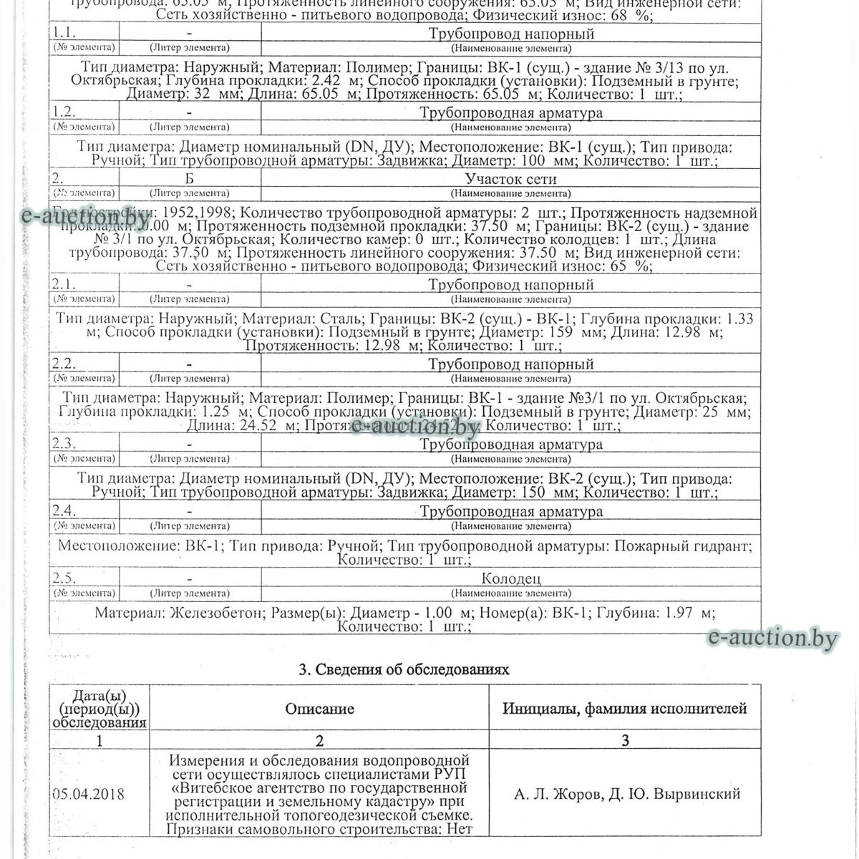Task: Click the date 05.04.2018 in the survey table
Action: [88, 795]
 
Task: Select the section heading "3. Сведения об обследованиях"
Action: [403, 670]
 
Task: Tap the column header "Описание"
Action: [319, 709]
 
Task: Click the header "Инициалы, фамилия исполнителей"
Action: [624, 709]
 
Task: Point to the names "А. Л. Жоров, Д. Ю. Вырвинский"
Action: [626, 794]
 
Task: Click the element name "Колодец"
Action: [510, 578]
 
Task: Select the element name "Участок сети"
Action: [510, 179]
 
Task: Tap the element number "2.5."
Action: [64, 578]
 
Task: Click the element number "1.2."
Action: [64, 112]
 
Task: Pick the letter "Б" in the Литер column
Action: [189, 179]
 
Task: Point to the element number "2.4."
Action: [64, 511]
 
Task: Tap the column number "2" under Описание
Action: [319, 740]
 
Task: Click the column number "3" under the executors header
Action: [624, 740]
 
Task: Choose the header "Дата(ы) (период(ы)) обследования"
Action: [100, 709]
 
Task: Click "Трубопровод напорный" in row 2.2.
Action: [510, 364]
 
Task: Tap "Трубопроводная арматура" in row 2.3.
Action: [510, 445]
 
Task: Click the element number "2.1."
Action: [64, 285]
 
